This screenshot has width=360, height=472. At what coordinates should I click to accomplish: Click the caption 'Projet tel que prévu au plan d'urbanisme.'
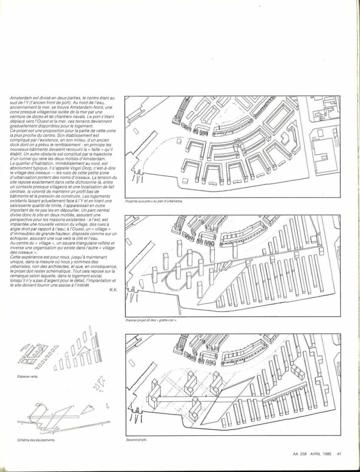tap(154, 201)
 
